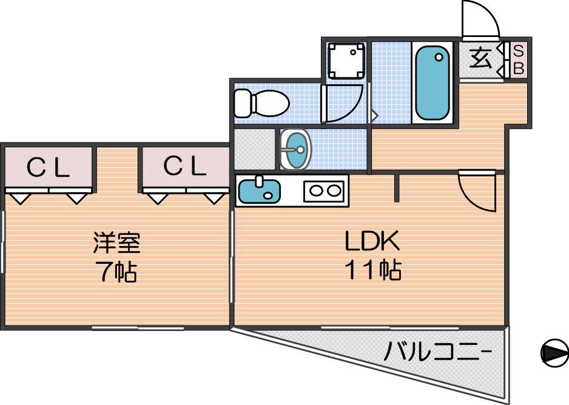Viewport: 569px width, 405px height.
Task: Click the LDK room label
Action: tap(372, 241)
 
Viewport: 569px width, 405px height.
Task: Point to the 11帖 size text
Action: tap(372, 270)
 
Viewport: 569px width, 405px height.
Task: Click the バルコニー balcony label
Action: tap(438, 351)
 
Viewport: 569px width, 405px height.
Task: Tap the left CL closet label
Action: tap(49, 167)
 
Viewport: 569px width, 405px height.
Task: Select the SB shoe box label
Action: tap(519, 59)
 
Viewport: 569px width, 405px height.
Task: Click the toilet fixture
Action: tap(261, 103)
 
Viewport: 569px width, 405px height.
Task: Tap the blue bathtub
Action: tap(432, 83)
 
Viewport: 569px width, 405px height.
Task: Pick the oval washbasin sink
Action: tap(296, 149)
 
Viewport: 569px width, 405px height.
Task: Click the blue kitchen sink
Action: tap(260, 191)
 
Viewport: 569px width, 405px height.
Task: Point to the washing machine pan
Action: tap(346, 61)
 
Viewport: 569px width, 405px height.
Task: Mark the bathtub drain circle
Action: tap(439, 57)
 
